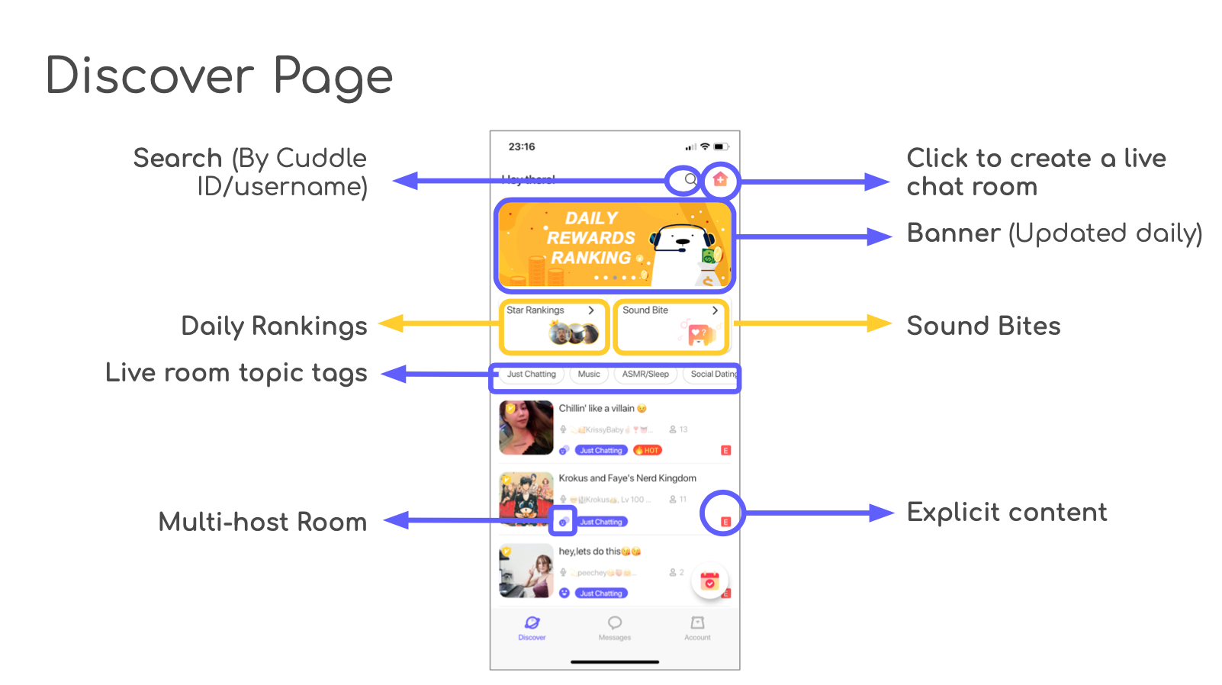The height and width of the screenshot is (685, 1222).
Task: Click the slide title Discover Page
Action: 219,76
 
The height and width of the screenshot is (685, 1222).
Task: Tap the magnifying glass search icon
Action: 690,180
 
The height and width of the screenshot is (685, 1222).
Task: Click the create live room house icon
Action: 720,180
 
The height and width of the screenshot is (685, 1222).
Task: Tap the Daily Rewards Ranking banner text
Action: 591,238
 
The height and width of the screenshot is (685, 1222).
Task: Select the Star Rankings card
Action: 555,326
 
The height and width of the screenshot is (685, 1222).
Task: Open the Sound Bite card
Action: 670,326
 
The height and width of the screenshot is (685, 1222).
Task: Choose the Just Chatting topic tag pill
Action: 532,375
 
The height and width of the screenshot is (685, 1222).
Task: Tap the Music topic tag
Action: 589,375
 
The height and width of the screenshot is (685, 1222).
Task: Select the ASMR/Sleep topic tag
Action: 645,375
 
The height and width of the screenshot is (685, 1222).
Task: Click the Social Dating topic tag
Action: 713,375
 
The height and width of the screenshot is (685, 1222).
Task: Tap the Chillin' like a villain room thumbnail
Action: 526,428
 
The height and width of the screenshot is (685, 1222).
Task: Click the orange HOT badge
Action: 648,451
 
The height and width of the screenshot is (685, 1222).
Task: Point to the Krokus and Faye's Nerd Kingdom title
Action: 627,478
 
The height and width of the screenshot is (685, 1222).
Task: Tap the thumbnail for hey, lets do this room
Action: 526,571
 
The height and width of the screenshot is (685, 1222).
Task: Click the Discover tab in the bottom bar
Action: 532,629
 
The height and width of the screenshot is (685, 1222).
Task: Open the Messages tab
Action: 615,629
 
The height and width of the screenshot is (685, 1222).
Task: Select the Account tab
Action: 697,629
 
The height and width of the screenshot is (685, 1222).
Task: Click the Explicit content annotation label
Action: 1007,513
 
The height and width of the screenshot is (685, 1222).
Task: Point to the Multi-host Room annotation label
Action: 262,523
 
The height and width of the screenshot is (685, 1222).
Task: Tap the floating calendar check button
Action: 710,582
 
